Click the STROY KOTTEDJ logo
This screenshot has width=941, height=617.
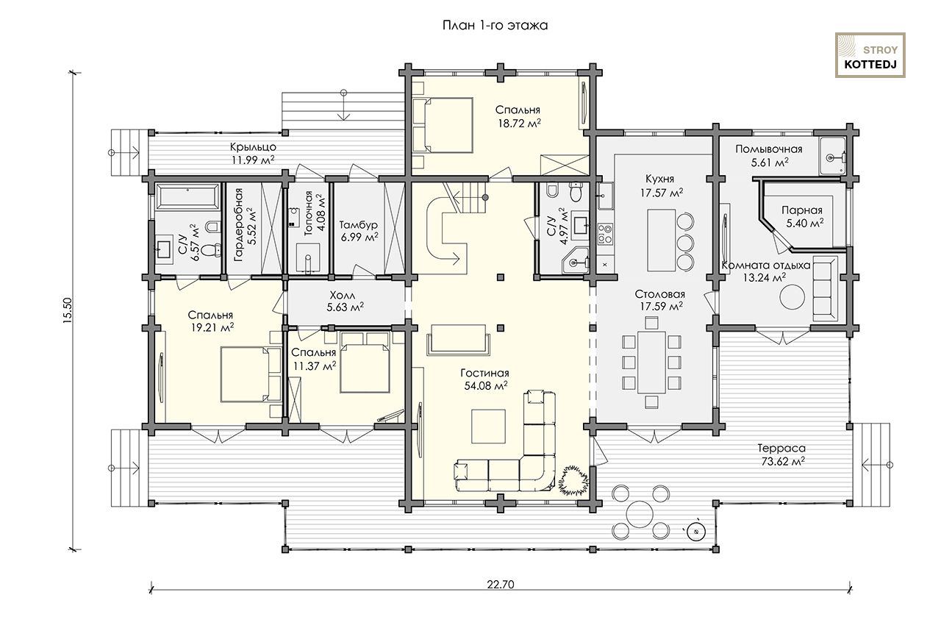coord(870,55)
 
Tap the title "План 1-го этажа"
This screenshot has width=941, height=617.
coord(495,25)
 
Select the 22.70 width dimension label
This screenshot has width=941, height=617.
coord(501,584)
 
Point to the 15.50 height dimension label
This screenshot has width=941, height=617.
coord(68,310)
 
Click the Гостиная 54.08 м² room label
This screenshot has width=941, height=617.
coord(485,379)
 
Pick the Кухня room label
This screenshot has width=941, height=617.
coord(660,179)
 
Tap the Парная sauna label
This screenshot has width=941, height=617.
coord(802,210)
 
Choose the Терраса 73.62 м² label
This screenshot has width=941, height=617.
coord(781,455)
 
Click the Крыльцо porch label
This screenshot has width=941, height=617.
coord(253,147)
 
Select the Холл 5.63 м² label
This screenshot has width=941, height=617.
coord(346,301)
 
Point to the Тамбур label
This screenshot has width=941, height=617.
coord(358,225)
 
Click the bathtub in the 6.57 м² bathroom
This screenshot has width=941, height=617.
coord(187,196)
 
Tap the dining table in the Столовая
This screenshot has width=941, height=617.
coord(651,363)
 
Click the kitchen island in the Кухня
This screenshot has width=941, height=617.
coord(662,240)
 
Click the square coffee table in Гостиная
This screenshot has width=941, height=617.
coord(488,427)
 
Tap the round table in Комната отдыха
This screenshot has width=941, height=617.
coord(792,297)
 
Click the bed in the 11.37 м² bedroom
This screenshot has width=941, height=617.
coord(364,363)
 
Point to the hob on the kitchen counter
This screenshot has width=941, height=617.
coord(605,234)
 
